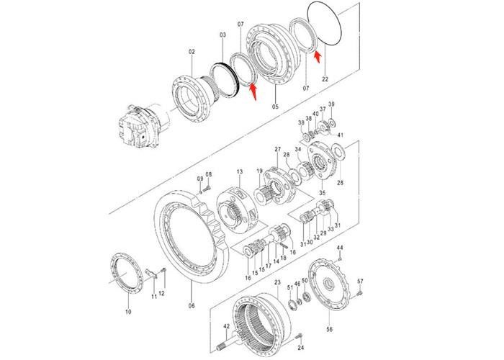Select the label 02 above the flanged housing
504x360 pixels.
coord(192,51)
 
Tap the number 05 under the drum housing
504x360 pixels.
coord(274,106)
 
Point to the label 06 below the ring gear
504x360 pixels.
coord(192,305)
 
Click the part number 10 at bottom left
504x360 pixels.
coord(128,312)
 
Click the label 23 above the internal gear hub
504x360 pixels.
coord(276,283)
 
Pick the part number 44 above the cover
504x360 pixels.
coord(341,248)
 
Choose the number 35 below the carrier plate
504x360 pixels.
coord(322,192)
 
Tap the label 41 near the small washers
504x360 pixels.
coord(341,135)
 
